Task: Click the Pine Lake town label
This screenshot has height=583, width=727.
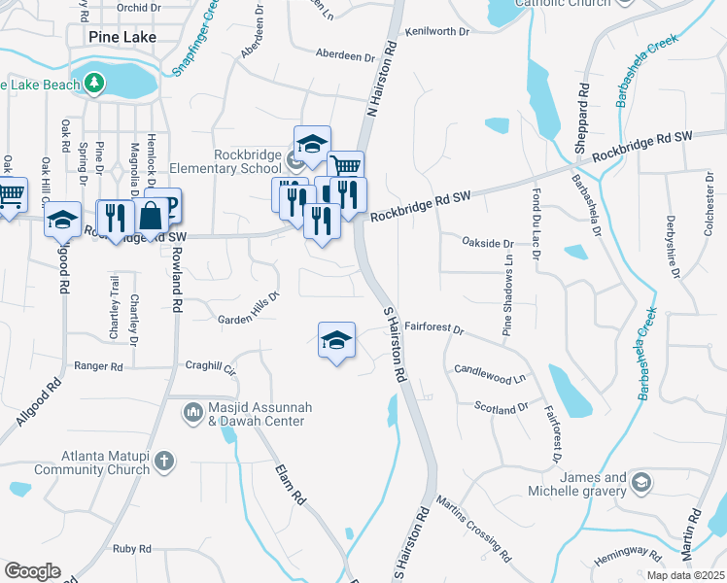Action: tap(121, 37)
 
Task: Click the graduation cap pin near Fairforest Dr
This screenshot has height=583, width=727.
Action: tap(336, 340)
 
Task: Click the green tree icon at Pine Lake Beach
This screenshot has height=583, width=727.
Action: tap(95, 83)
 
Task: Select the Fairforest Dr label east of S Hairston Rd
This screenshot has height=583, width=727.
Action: tap(434, 328)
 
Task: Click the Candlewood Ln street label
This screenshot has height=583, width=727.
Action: tap(490, 372)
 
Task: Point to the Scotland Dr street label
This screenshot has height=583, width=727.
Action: tap(502, 409)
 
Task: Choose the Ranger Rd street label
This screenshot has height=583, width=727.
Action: tap(99, 367)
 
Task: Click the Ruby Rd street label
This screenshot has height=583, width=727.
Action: tap(131, 549)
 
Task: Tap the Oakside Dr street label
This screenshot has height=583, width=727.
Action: tap(487, 243)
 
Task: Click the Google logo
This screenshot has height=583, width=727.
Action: tap(32, 570)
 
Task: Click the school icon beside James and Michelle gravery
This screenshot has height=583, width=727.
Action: tap(641, 483)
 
